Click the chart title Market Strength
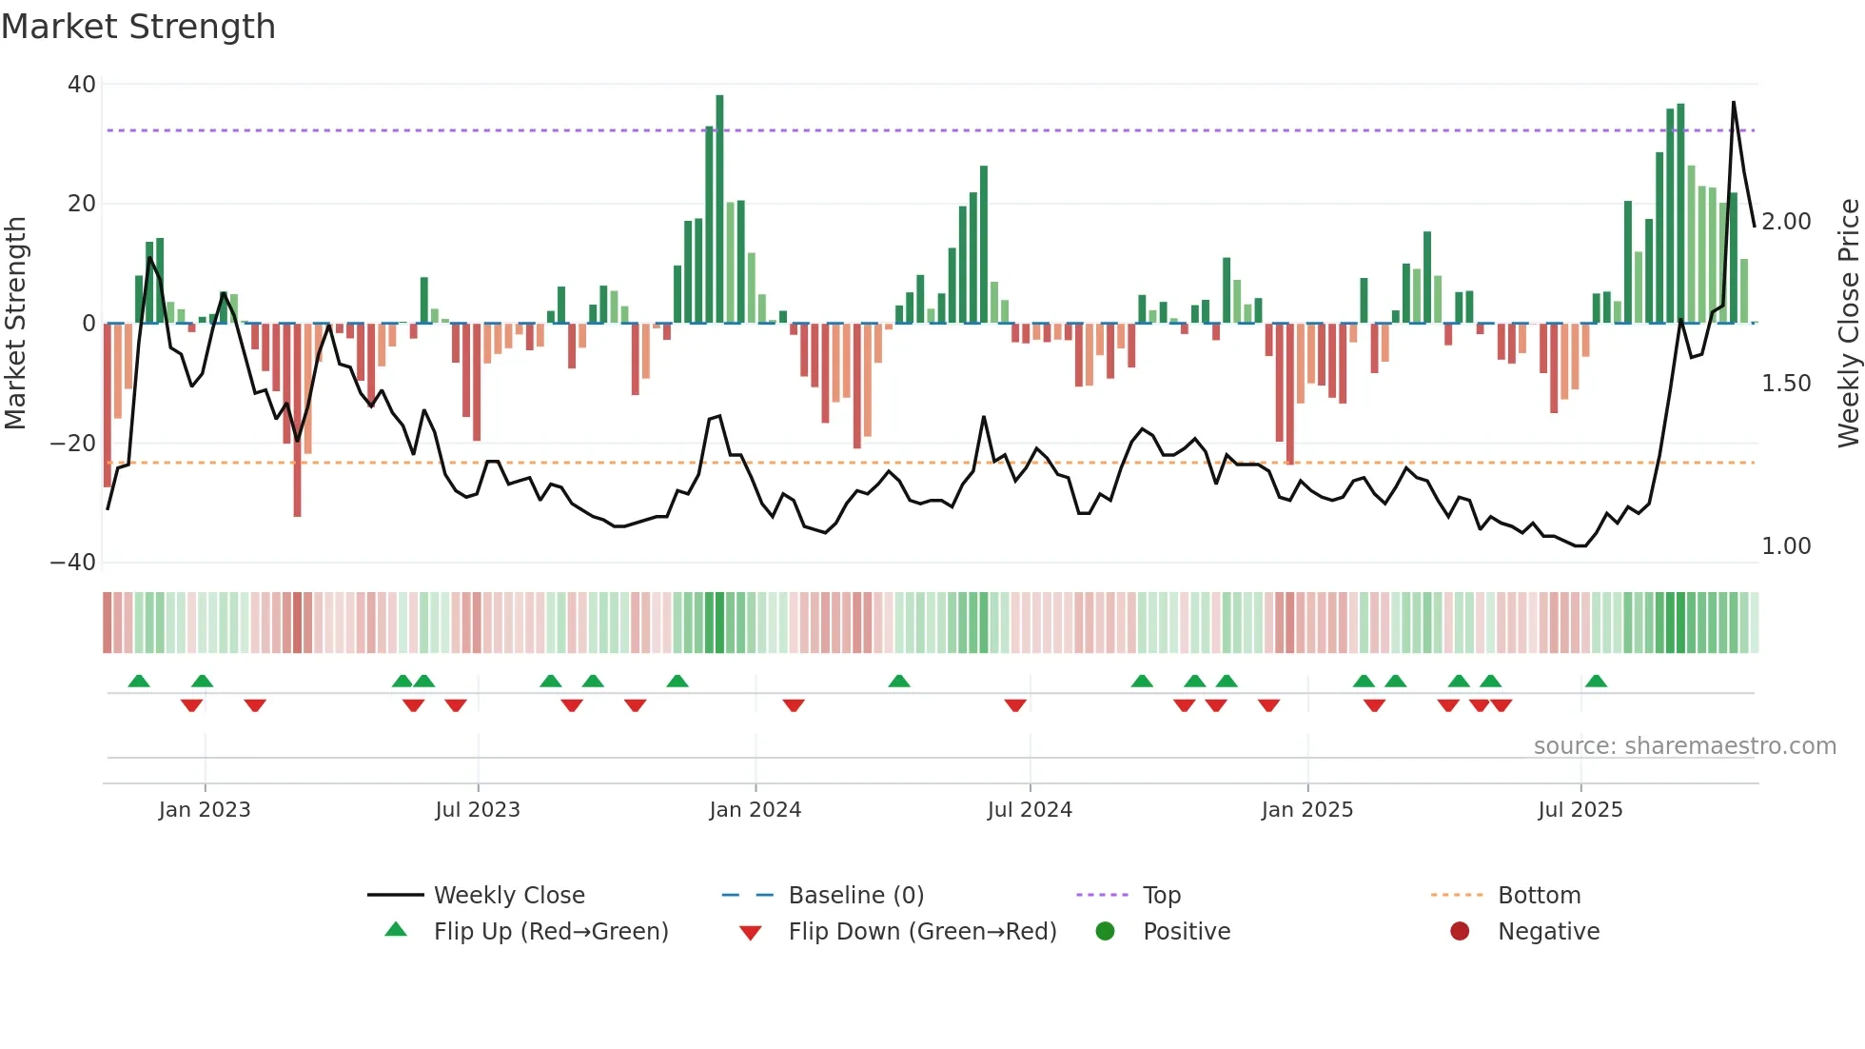pyautogui.click(x=138, y=27)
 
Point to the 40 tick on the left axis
pyautogui.click(x=82, y=85)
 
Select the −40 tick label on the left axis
pyautogui.click(x=73, y=563)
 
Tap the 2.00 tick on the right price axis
pyautogui.click(x=1786, y=222)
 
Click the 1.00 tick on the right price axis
pyautogui.click(x=1786, y=546)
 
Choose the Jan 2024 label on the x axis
pyautogui.click(x=755, y=810)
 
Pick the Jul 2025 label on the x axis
pyautogui.click(x=1580, y=810)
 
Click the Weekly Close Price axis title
pyautogui.click(x=1848, y=323)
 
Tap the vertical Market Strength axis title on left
pyautogui.click(x=16, y=323)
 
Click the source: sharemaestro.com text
pyautogui.click(x=1684, y=746)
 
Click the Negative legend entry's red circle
pyautogui.click(x=1460, y=932)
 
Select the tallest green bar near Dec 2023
pyautogui.click(x=719, y=209)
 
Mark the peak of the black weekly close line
pyautogui.click(x=1733, y=102)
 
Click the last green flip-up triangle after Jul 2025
pyautogui.click(x=1596, y=682)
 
